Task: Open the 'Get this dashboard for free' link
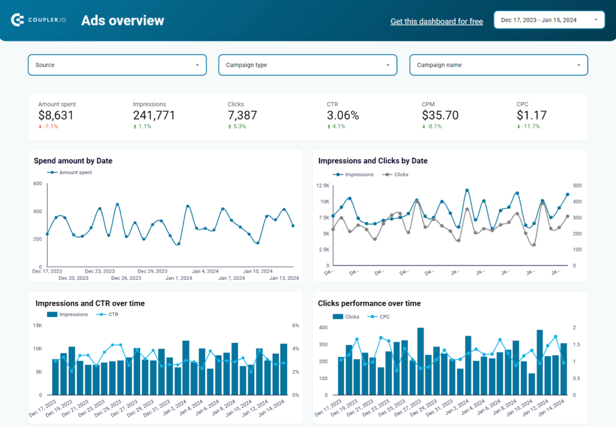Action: pos(436,22)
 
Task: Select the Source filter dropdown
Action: pos(117,65)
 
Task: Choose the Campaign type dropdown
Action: pos(307,65)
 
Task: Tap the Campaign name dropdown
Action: pos(498,65)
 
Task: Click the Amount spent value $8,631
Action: pos(56,115)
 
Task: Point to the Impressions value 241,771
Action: pos(154,115)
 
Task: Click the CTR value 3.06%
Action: pos(343,115)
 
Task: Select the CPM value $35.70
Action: pos(440,115)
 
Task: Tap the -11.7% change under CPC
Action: pos(530,127)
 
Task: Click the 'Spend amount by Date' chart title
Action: pos(73,161)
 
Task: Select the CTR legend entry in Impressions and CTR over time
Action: pos(111,315)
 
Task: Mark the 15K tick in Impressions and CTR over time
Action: pos(37,326)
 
